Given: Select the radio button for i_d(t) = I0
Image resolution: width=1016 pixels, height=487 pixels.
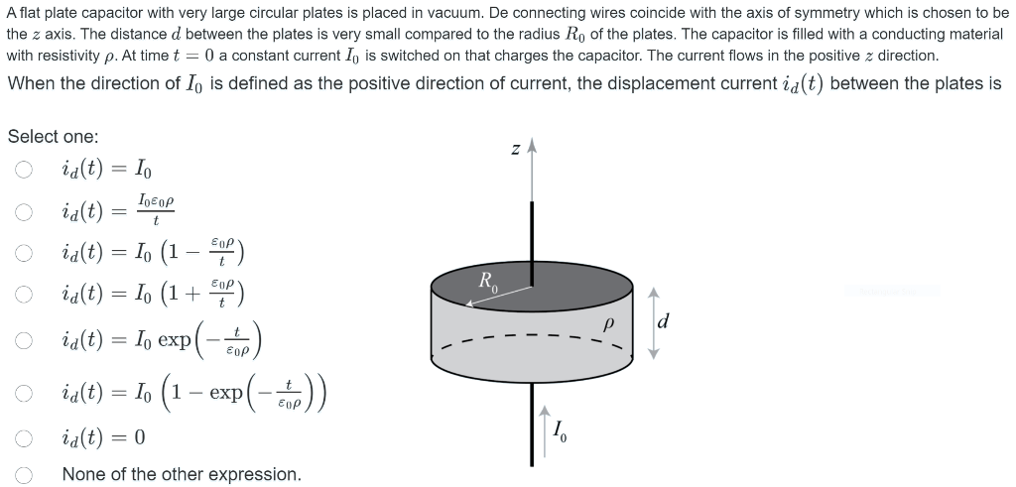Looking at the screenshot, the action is (23, 171).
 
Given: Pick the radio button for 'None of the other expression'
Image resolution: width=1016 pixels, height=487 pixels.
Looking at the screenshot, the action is (23, 474).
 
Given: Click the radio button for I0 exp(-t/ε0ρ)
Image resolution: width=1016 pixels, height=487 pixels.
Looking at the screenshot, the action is (23, 339).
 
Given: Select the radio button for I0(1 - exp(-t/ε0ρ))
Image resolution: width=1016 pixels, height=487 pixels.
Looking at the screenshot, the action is (23, 393).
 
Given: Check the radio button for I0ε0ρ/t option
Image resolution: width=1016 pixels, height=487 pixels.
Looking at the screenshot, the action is (23, 211).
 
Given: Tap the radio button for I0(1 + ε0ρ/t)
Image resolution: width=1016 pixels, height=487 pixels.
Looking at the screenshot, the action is (23, 294).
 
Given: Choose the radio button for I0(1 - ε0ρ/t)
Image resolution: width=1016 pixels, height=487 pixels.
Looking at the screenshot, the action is (23, 253).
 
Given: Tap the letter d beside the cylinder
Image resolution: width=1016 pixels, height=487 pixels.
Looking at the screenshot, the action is (664, 321).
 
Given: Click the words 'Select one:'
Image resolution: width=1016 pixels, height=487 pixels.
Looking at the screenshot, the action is (53, 137).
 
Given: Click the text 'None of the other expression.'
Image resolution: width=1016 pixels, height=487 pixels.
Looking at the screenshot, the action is (182, 474).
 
